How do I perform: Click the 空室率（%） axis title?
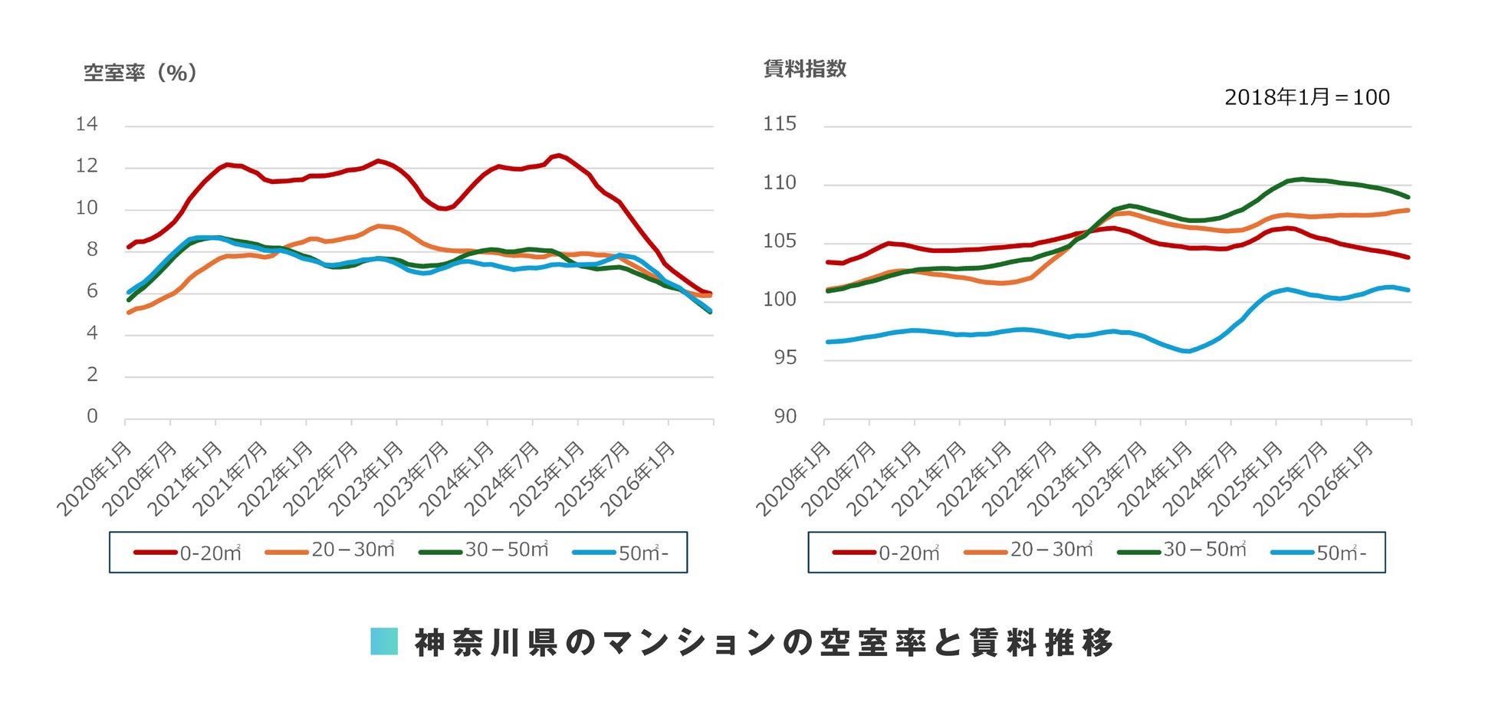[x=140, y=73]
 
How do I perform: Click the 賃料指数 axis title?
[x=805, y=69]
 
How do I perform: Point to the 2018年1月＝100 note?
[x=1306, y=97]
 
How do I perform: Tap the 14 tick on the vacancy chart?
[x=87, y=124]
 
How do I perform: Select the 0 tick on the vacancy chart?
[x=92, y=416]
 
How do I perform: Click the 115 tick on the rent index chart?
[x=780, y=124]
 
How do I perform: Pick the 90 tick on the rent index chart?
[x=785, y=416]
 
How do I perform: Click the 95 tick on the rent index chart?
[x=785, y=358]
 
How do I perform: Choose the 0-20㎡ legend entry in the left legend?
[x=188, y=553]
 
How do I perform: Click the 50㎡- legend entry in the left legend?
[x=620, y=553]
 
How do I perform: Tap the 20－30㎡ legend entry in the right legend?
[x=1028, y=551]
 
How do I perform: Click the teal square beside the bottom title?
[x=384, y=641]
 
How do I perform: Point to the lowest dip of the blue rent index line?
[x=1187, y=351]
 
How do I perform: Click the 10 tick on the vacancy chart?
[x=87, y=208]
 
